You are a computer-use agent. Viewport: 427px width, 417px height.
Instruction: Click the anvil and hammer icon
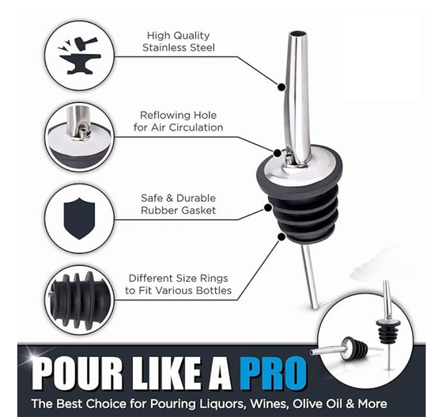[80, 55]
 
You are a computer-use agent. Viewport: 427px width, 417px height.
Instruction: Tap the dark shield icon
[79, 218]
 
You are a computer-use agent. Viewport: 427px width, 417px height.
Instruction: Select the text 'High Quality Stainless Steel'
[179, 41]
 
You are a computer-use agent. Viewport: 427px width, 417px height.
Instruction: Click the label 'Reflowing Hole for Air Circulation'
[179, 121]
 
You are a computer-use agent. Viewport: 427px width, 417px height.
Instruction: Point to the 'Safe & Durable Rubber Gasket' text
[179, 204]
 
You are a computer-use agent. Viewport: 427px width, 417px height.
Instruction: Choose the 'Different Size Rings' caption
[179, 279]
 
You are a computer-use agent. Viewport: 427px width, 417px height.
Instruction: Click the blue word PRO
[273, 373]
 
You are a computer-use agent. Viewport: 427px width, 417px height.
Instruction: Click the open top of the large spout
[297, 34]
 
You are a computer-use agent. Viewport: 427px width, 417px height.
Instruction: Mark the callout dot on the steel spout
[282, 87]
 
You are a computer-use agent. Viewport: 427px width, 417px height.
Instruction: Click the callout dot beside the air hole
[277, 154]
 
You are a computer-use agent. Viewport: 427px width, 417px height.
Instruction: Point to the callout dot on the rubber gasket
[268, 208]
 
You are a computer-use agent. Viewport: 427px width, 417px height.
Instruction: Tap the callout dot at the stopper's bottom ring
[282, 237]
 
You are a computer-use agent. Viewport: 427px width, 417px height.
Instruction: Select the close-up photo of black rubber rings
[79, 300]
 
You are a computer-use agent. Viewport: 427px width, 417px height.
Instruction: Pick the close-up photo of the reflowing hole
[79, 137]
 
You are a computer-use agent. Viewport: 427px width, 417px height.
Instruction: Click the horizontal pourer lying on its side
[339, 348]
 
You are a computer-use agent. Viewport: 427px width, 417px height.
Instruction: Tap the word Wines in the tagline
[268, 404]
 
